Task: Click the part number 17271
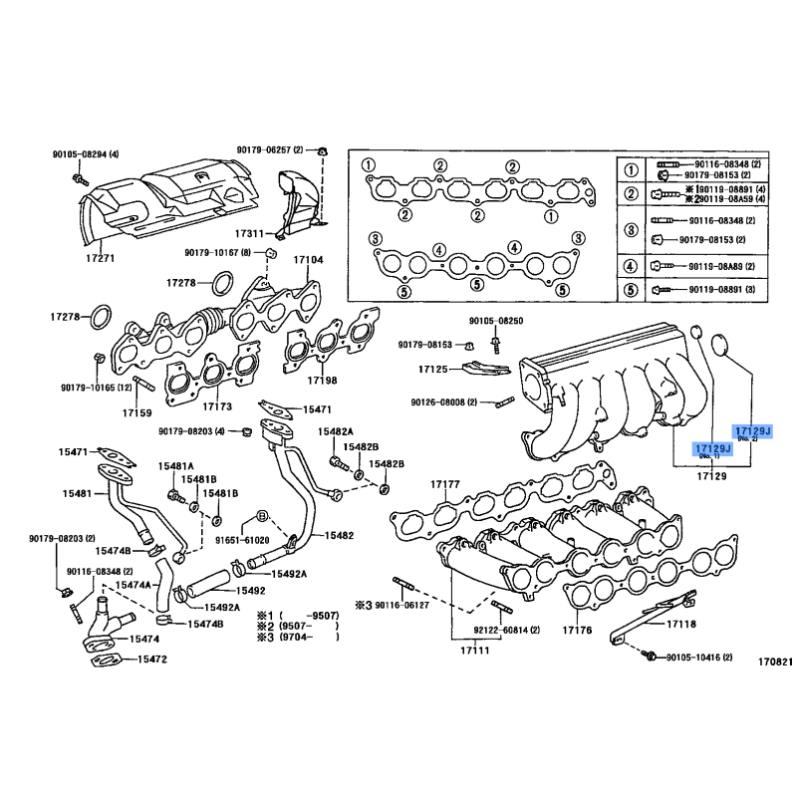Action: (x=105, y=258)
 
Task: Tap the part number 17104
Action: (x=308, y=260)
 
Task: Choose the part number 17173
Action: (x=216, y=406)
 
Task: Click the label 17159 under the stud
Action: (x=136, y=411)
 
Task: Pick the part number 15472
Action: (x=151, y=660)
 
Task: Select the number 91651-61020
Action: (x=243, y=540)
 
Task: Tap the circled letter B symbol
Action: (x=261, y=516)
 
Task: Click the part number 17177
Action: (x=444, y=484)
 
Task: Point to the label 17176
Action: (x=577, y=630)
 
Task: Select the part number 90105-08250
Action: (x=495, y=322)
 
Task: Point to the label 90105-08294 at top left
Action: (x=86, y=154)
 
